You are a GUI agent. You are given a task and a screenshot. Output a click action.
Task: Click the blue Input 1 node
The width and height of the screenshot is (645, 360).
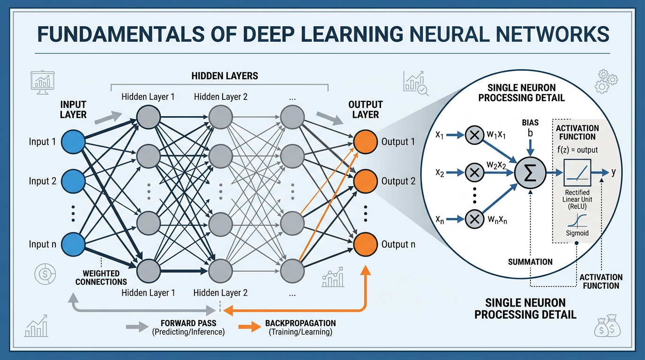tap(72, 142)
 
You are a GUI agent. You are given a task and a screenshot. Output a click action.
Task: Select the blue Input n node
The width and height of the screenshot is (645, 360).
tap(72, 244)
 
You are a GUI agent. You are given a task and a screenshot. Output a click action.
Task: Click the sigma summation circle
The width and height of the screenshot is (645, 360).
tap(530, 172)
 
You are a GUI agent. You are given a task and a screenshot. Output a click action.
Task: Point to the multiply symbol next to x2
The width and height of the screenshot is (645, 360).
tap(475, 173)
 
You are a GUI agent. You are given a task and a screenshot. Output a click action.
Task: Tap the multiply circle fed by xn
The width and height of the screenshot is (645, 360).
tap(475, 218)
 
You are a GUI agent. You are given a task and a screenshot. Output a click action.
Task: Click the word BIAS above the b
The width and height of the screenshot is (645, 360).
tap(530, 122)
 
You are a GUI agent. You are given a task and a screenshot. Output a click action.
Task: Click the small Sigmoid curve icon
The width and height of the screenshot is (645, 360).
tap(577, 219)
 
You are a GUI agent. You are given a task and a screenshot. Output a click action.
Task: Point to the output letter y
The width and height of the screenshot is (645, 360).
tap(613, 172)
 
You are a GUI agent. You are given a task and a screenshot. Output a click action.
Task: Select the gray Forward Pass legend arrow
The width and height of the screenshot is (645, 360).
tap(136, 327)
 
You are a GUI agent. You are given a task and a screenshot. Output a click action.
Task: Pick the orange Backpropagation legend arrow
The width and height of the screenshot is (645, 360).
tap(249, 327)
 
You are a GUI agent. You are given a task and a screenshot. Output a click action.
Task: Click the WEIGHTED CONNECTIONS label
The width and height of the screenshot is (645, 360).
tap(101, 277)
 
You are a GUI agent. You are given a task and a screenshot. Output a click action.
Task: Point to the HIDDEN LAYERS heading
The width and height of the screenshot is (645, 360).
tap(225, 75)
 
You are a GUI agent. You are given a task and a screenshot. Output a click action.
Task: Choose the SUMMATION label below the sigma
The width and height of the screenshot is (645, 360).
tap(530, 262)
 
